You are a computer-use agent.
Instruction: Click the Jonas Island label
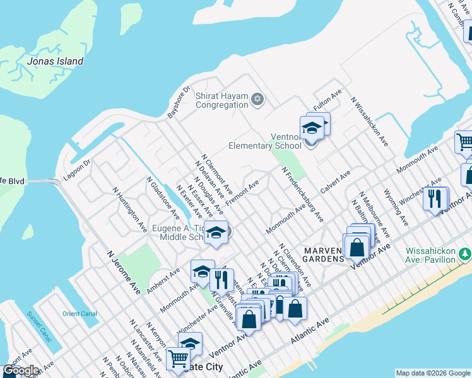(55, 61)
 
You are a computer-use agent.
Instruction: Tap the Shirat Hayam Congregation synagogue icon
(256, 99)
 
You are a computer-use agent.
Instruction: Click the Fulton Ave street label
(327, 101)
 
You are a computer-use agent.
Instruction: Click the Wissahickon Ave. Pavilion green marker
(466, 254)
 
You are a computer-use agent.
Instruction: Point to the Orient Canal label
(80, 313)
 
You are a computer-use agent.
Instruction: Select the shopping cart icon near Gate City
(178, 358)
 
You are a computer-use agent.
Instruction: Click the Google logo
(20, 370)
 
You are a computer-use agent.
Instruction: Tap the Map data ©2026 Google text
(432, 373)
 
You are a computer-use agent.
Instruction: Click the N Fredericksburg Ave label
(302, 195)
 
